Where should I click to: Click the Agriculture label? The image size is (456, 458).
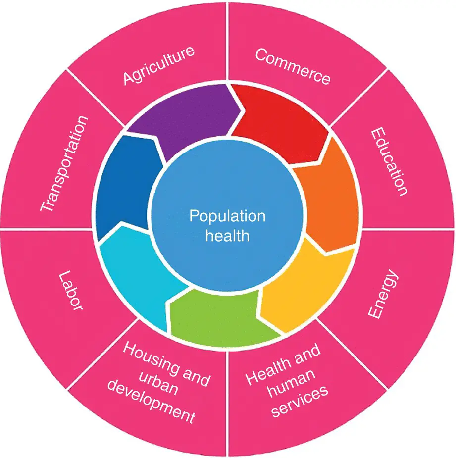click(x=158, y=66)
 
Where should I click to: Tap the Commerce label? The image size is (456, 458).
click(x=293, y=66)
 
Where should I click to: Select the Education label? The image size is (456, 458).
click(x=390, y=161)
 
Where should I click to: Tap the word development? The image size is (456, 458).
click(x=151, y=402)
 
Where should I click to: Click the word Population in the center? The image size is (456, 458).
click(x=228, y=216)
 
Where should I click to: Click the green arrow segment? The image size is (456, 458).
click(x=218, y=317)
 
